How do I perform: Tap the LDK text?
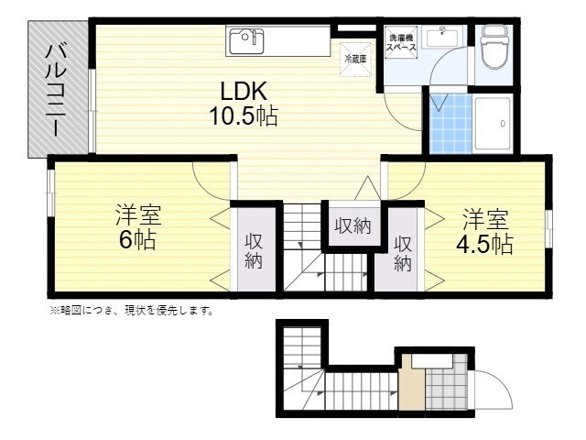point(243,93)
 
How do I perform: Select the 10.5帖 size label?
point(243,116)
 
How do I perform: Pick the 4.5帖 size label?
point(484,244)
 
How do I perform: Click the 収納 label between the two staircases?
point(352,225)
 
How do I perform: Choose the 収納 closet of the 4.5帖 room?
point(404,252)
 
